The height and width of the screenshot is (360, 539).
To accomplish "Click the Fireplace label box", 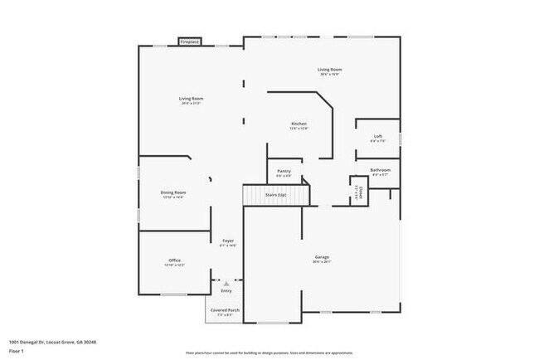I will point(189,41).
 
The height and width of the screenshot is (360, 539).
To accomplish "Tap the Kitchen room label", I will point(299,124).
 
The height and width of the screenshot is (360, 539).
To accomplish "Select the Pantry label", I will point(284,171).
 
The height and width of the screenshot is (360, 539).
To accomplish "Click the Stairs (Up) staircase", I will point(275,195).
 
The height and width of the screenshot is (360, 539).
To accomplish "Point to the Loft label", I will point(378,136).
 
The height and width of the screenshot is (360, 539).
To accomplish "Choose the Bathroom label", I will point(380,170).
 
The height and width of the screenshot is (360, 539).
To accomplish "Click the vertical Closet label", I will point(358,194).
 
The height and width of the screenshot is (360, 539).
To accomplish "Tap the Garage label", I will point(322,257).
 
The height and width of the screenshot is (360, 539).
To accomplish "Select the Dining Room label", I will point(172,192).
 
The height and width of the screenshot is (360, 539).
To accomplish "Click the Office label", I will point(174,260).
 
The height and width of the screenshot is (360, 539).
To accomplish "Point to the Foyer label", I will point(227,241).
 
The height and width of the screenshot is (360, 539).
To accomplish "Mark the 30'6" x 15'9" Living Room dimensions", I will point(329,75).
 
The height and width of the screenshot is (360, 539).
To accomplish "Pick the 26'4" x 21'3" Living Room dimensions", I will point(192,104).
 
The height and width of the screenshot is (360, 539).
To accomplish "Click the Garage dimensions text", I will point(322,262).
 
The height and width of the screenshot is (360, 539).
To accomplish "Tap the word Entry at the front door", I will point(226,290).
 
